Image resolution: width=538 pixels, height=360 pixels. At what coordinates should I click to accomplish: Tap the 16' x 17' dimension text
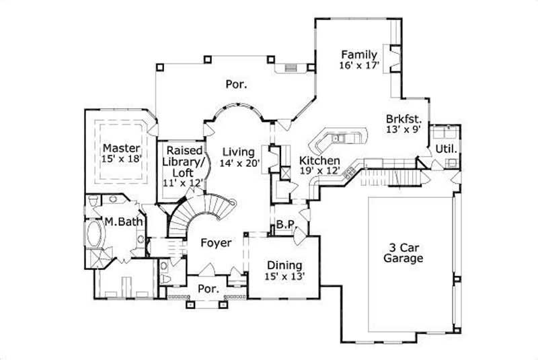(360, 65)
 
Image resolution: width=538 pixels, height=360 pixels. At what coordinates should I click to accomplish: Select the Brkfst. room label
(404, 116)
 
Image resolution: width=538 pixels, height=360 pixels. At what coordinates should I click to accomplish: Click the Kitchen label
(319, 161)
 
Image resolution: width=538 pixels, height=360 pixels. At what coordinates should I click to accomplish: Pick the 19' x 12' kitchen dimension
(319, 172)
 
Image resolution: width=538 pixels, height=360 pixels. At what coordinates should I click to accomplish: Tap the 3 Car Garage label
(403, 252)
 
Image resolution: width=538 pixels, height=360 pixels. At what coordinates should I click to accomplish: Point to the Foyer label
(216, 242)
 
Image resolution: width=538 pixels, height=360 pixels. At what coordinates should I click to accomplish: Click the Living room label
(239, 151)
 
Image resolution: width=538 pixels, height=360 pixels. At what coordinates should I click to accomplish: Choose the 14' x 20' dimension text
(239, 162)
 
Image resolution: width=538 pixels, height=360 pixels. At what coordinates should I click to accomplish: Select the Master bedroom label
(121, 147)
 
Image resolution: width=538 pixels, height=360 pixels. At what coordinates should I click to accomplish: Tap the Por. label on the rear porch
(235, 85)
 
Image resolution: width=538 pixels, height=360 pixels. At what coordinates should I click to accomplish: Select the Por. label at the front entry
(208, 289)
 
